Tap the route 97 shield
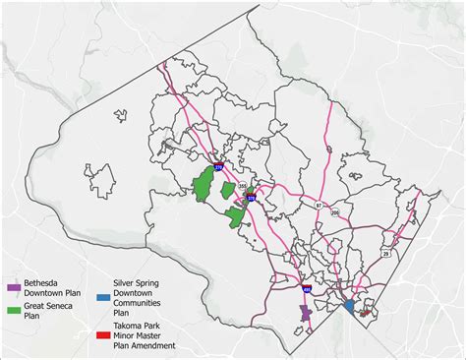pos(318,205)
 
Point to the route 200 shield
pos(334,211)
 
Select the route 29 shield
pos(385,254)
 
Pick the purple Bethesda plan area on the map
pos(306,313)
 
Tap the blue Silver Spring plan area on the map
pos(349,307)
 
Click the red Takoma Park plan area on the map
pos(366,313)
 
